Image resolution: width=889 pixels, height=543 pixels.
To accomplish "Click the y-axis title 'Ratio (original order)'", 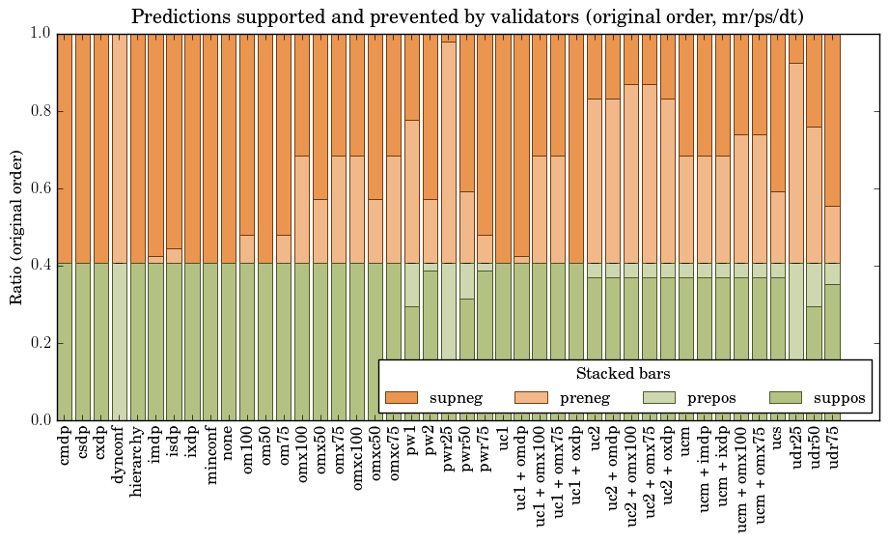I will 16,226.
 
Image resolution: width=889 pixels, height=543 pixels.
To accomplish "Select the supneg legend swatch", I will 401,397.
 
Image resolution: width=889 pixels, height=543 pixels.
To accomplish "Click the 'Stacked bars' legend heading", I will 623,373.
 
